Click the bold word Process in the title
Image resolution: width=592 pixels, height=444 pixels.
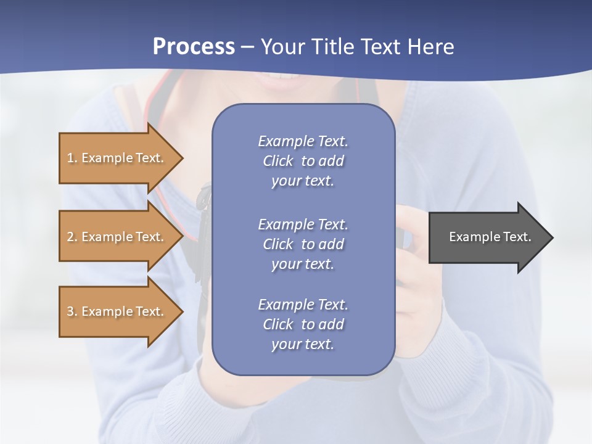tap(194, 47)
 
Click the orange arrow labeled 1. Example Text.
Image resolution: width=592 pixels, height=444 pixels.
tap(117, 158)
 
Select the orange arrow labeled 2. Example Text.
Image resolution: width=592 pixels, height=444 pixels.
tap(117, 237)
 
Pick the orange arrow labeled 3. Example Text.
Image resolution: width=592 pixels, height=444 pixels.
tap(117, 311)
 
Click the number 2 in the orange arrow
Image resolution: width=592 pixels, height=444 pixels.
tap(70, 237)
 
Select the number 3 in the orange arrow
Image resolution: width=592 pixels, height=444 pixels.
tap(70, 311)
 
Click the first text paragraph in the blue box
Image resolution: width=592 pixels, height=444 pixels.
tap(303, 161)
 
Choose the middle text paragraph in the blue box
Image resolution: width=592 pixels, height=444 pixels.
tap(303, 244)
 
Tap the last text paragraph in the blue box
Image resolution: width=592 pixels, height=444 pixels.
tap(303, 324)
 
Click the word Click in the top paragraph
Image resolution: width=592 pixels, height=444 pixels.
tap(277, 161)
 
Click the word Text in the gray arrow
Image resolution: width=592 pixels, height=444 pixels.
tap(518, 237)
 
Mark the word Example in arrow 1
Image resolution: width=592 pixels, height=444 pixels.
tap(107, 158)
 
